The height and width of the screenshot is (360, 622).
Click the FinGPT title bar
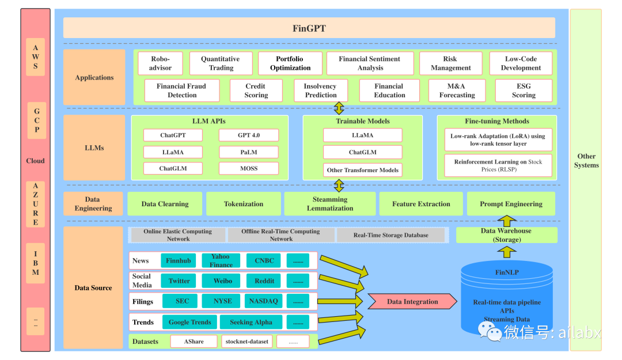coord(309,28)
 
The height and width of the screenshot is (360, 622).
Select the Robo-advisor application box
coord(160,63)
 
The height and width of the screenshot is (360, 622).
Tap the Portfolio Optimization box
coord(290,63)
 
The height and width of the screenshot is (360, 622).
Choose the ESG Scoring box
coord(524,90)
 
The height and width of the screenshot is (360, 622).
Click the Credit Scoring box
coord(256,90)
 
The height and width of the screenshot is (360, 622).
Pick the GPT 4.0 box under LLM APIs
coord(249,135)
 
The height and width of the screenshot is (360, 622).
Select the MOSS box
coord(249,168)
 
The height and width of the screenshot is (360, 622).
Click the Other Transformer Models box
coord(363,170)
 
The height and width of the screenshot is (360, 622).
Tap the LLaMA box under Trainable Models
coord(363,135)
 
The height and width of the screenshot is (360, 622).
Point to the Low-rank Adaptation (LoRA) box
coord(498,140)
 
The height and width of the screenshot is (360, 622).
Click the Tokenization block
coord(244,204)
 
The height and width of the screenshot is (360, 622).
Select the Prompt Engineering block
coord(511,204)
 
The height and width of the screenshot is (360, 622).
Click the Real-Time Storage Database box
coord(390,235)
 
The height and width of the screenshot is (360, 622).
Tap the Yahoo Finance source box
coord(221,260)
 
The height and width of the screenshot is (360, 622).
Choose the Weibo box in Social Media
coord(222,281)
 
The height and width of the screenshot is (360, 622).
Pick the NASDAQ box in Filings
coord(263,301)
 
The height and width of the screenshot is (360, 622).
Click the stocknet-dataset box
coord(246,342)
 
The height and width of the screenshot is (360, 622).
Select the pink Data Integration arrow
coord(412,301)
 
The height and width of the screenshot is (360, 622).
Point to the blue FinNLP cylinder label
coord(507,272)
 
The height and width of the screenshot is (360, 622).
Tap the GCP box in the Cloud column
coord(36,120)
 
